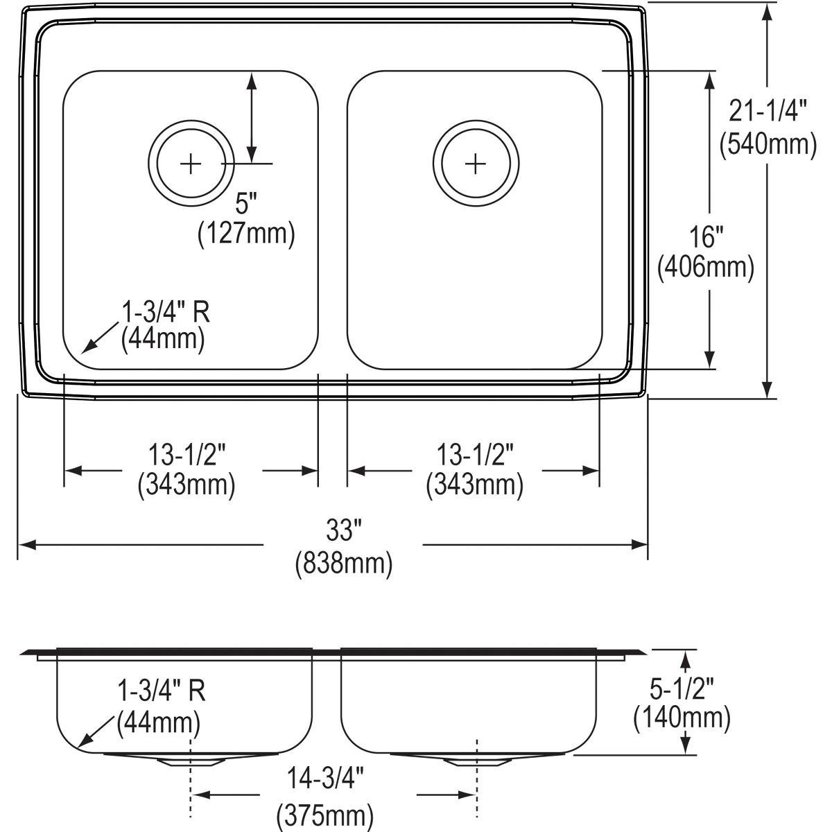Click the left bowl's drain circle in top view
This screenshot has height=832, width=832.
pos(190,164)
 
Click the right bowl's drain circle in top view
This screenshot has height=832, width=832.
pos(475,164)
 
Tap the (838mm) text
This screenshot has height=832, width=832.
pos(344,564)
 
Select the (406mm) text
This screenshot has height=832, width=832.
pos(707,266)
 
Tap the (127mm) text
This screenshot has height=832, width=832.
pos(246,234)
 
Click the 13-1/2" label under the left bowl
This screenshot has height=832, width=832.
pos(187,456)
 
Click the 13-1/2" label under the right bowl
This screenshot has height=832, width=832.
pos(475,456)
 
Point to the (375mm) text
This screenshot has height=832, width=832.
pos(326,815)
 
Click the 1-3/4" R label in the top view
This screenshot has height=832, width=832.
pos(166,313)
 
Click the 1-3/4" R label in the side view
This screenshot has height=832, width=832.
pos(162,691)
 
